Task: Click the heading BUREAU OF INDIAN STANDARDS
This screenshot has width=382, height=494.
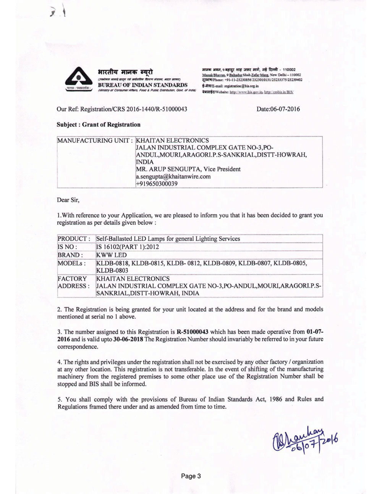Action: tap(142, 85)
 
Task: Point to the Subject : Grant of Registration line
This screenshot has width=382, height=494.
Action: tap(99, 124)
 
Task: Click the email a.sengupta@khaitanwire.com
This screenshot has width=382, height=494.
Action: tap(173, 176)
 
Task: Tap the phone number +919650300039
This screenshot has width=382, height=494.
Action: tap(157, 184)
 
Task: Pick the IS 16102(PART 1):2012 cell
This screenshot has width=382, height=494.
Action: tap(128, 247)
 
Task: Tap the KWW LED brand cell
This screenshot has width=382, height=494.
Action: tap(111, 255)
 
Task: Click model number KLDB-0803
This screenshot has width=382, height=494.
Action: tap(112, 270)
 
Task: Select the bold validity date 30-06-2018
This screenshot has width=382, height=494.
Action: tap(128, 339)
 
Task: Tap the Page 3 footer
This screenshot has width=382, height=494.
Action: tap(191, 476)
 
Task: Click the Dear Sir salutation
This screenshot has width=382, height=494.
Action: tap(68, 200)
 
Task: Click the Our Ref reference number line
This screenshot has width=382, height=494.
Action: tap(122, 109)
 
